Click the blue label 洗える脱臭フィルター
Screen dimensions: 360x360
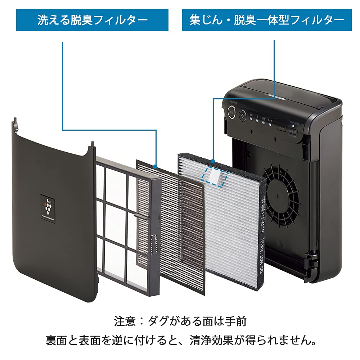pos(92,20)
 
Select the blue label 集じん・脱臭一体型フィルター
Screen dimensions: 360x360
pos(267,20)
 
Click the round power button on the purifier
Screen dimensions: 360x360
pos(230,114)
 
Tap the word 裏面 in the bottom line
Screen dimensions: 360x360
pos(56,340)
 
